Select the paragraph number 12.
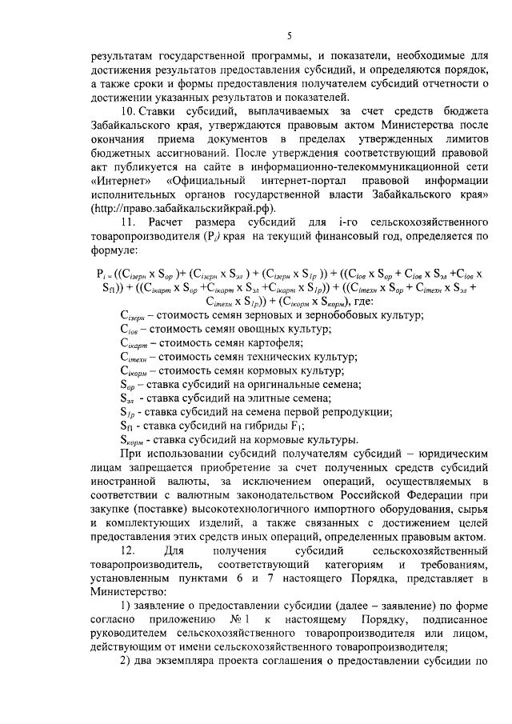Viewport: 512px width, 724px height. click(126, 550)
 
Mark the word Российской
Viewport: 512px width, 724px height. click(350, 493)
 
